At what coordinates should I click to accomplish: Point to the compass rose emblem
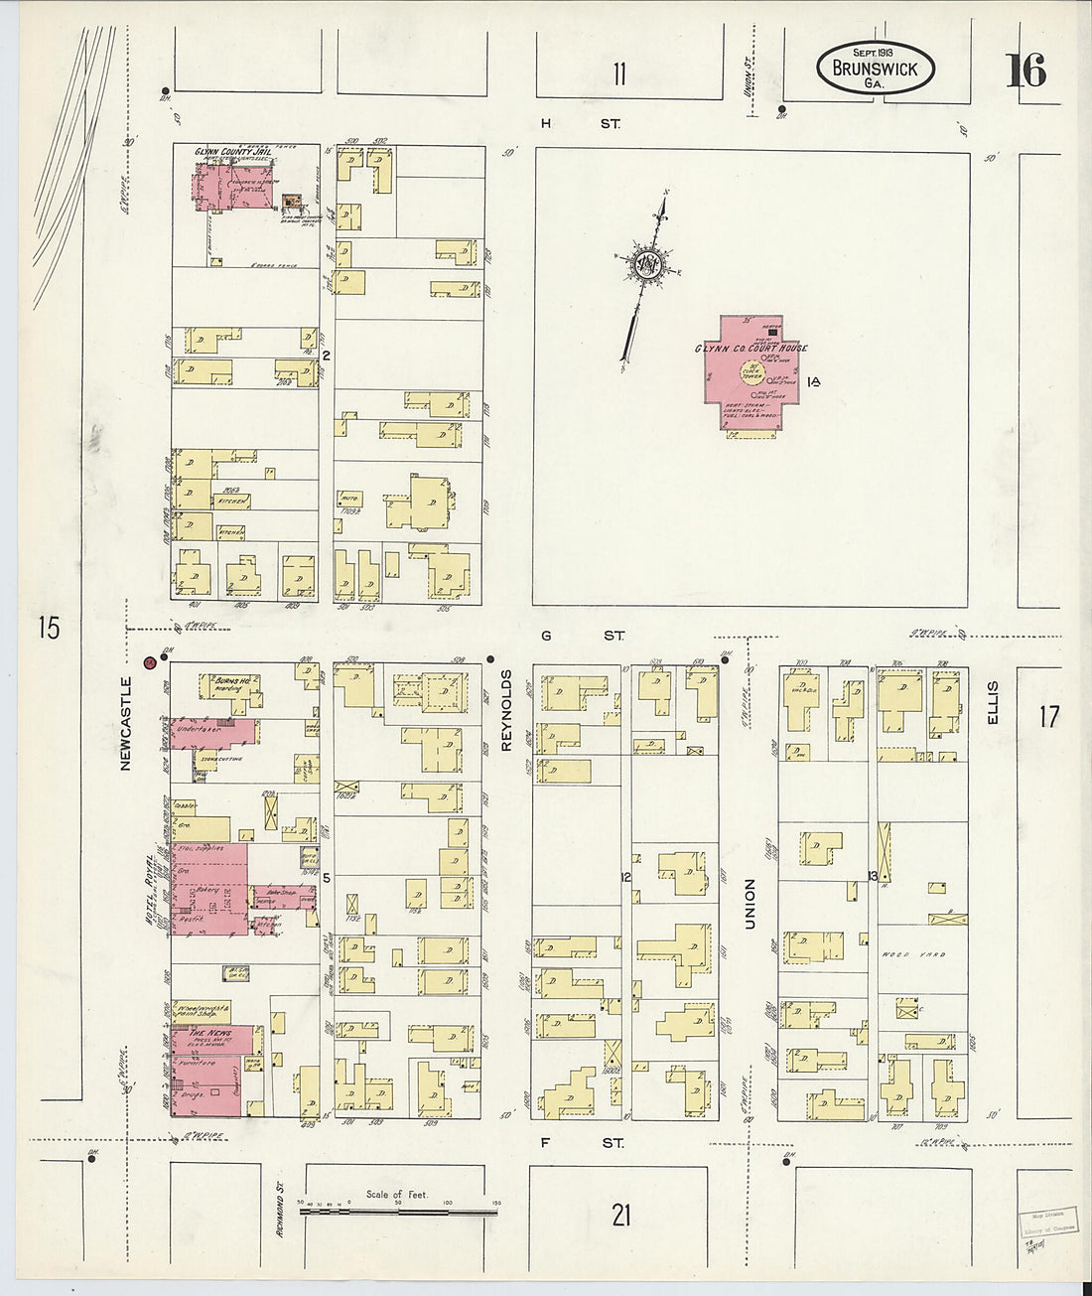[647, 262]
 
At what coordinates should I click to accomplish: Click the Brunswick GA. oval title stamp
[875, 69]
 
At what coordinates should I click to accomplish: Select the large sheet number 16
[1025, 72]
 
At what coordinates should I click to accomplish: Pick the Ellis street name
[992, 701]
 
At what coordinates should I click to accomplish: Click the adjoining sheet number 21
[620, 1215]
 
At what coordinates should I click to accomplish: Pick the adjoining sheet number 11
[619, 73]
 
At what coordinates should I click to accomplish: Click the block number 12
[625, 877]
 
